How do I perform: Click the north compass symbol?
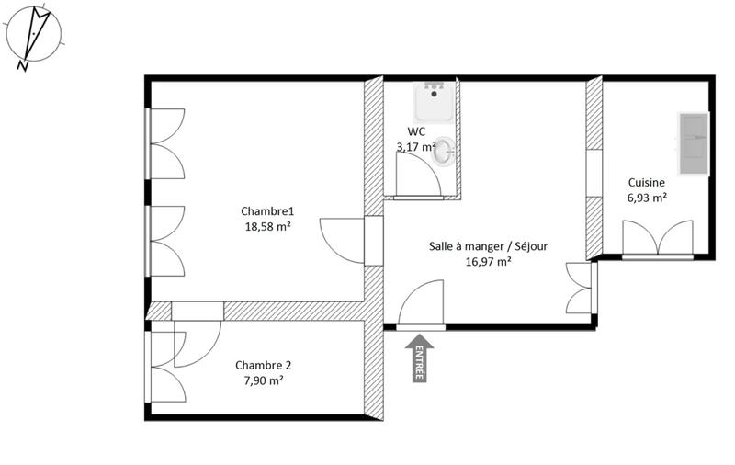click(x=34, y=35)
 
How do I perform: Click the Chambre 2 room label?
click(x=264, y=364)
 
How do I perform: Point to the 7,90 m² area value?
click(x=264, y=380)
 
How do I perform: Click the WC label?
click(x=415, y=131)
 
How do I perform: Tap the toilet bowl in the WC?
click(x=444, y=152)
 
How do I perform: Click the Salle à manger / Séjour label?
click(x=483, y=245)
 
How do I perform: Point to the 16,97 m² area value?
click(x=483, y=261)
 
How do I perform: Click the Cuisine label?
click(x=648, y=182)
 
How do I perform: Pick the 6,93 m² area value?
click(x=648, y=198)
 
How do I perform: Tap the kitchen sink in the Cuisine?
click(x=694, y=143)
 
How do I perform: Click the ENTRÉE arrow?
click(x=419, y=357)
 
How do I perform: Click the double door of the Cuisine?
click(x=657, y=238)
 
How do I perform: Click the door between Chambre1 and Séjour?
click(x=345, y=241)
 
